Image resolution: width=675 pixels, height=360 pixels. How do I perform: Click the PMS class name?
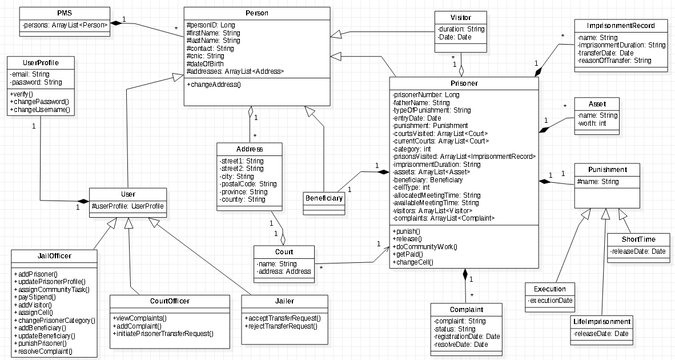click(65, 13)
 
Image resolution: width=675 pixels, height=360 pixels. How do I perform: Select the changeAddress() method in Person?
click(214, 85)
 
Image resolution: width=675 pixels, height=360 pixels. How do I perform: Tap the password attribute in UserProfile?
click(37, 82)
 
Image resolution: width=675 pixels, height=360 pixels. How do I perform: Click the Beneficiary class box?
click(324, 198)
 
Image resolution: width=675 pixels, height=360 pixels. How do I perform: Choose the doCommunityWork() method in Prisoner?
click(425, 247)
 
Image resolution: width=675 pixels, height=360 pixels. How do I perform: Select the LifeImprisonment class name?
click(602, 322)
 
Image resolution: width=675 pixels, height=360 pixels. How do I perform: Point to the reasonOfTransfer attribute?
click(614, 61)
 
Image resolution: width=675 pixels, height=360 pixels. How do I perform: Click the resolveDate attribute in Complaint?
click(461, 345)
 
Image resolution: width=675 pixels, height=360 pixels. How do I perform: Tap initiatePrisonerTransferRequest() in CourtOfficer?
click(163, 334)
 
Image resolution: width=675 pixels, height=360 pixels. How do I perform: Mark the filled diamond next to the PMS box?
click(116, 23)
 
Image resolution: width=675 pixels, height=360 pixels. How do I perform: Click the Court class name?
click(284, 252)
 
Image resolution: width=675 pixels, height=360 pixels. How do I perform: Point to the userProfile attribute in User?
click(128, 206)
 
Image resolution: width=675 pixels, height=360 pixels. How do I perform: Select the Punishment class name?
click(608, 170)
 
